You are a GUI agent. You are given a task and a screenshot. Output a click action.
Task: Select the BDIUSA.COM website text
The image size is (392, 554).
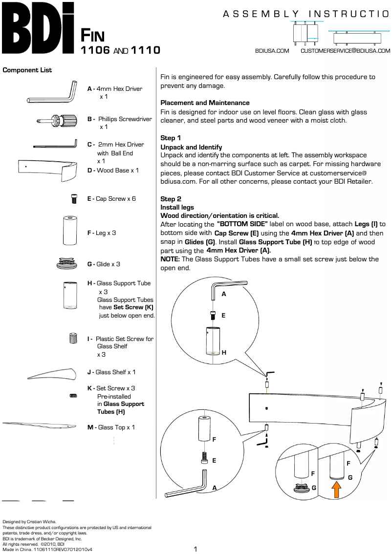[x=272, y=51]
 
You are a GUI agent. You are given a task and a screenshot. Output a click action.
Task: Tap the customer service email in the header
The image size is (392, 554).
[x=345, y=51]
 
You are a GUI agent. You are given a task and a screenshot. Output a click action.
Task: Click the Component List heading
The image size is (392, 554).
[x=27, y=70]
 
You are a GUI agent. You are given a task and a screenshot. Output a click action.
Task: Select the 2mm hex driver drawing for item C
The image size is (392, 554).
[x=55, y=145]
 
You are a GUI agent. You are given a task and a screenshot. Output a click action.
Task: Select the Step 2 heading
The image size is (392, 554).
[x=171, y=199]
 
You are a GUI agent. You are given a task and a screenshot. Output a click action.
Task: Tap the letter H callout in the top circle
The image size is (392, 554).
[x=223, y=352]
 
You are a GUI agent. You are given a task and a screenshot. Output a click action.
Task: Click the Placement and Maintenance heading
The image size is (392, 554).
[x=205, y=103]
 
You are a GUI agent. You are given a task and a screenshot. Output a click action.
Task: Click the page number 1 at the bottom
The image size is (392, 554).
[x=196, y=549]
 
